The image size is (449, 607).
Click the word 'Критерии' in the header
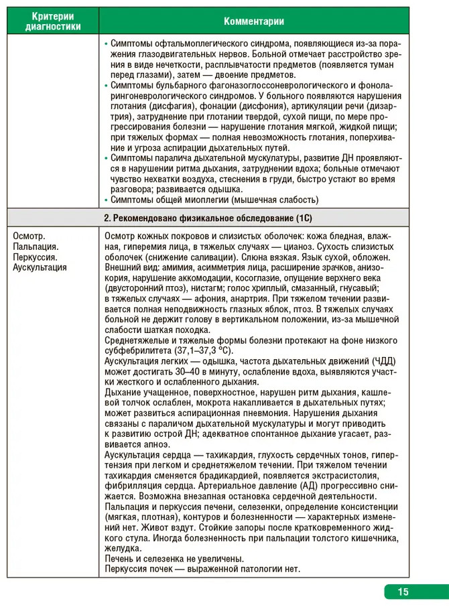(53, 15)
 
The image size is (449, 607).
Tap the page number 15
(403, 592)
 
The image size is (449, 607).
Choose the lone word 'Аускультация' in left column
(40, 267)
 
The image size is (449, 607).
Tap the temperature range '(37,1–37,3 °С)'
(199, 350)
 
